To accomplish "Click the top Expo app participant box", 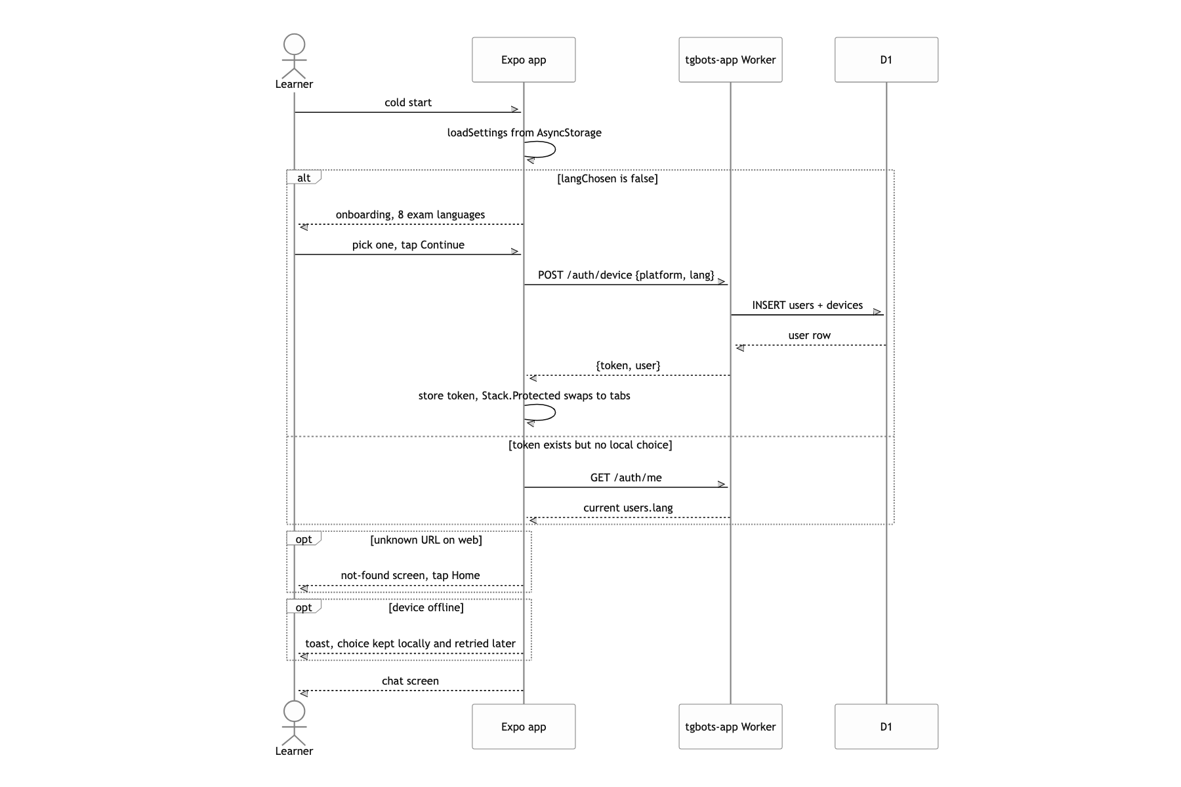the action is pyautogui.click(x=524, y=60).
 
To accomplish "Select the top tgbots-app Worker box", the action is pyautogui.click(x=730, y=60).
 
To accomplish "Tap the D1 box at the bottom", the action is pyautogui.click(x=886, y=727).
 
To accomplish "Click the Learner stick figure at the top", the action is pyautogui.click(x=294, y=56).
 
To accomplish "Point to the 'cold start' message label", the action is pyautogui.click(x=408, y=102).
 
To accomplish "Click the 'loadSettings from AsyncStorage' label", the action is pyautogui.click(x=524, y=132).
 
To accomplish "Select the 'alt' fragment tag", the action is pyautogui.click(x=304, y=178).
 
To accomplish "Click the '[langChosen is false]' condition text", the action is pyautogui.click(x=608, y=178).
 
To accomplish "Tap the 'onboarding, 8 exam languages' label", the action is pyautogui.click(x=410, y=214).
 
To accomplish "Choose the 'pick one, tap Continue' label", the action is pyautogui.click(x=408, y=245).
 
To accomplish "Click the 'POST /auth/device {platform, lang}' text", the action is pyautogui.click(x=626, y=275).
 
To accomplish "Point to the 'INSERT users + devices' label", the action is pyautogui.click(x=808, y=305).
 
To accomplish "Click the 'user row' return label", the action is pyautogui.click(x=810, y=335).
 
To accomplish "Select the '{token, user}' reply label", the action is pyautogui.click(x=628, y=365).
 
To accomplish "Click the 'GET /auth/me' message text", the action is pyautogui.click(x=626, y=477).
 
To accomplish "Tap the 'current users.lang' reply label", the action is pyautogui.click(x=628, y=508).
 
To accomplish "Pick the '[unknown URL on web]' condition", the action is pyautogui.click(x=426, y=540).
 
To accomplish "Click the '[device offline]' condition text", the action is pyautogui.click(x=426, y=607).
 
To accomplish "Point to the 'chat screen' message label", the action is pyautogui.click(x=410, y=681).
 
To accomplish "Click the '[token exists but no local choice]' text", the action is pyautogui.click(x=590, y=445).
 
